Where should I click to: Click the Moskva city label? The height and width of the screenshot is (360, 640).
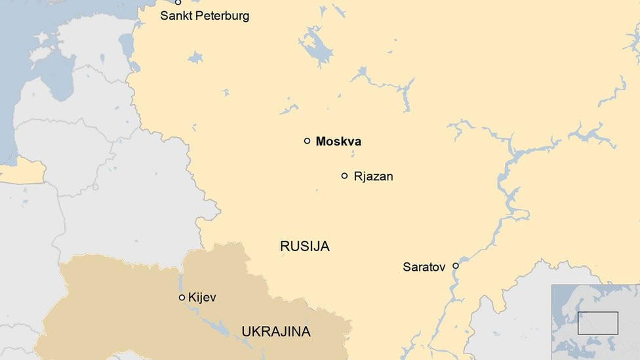point(338,142)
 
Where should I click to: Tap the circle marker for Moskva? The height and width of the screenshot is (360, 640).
point(307,141)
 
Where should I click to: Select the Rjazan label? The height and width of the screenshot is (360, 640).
point(373,176)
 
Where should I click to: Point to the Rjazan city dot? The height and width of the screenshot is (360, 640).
point(344,176)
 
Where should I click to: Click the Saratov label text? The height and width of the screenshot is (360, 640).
point(424,267)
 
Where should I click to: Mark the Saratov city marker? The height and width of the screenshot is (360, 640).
point(456,266)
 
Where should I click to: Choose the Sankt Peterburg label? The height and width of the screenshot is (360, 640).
point(205,16)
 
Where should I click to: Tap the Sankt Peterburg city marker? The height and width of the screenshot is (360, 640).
point(178,3)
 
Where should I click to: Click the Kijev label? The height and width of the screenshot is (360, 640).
point(202,298)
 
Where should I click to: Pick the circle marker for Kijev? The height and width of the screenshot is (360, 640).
point(182,298)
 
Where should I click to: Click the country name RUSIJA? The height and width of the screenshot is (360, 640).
point(304,247)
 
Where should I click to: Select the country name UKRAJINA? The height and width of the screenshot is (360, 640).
point(275,332)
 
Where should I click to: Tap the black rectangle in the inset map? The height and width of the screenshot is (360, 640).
point(597,323)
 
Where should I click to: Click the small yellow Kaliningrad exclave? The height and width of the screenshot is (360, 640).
point(23,172)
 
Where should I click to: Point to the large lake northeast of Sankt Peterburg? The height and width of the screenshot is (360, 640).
point(316,47)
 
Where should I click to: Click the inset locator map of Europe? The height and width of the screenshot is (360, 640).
point(595,321)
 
